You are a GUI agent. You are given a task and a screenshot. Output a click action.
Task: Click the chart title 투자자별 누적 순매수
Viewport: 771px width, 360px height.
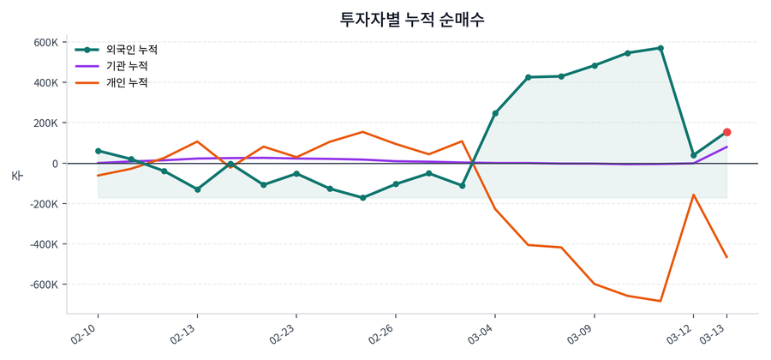412,19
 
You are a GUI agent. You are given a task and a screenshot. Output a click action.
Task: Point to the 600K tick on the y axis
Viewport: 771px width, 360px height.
46,43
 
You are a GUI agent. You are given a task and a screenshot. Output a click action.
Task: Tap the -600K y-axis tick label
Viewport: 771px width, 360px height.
44,285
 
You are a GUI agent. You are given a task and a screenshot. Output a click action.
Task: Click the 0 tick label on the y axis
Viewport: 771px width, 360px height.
55,164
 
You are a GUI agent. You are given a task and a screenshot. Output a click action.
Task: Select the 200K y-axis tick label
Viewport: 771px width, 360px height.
46,123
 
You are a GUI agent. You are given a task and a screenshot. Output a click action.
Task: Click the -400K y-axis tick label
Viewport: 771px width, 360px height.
44,244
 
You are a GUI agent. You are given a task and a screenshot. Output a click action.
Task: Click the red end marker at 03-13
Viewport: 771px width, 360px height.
726,132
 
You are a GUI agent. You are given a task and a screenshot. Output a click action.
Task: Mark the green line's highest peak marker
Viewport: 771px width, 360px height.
660,48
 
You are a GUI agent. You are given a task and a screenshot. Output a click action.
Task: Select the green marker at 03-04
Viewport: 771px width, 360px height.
495,113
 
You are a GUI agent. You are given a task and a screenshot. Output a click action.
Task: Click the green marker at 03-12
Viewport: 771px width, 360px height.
694,155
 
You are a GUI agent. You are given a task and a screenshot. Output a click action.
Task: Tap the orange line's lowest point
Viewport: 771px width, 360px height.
660,301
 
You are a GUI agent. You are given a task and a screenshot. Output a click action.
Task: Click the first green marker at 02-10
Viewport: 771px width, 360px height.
98,151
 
